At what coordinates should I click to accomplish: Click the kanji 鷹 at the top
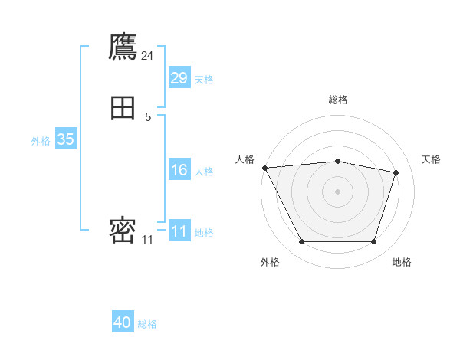(x=123, y=47)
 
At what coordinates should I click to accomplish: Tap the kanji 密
(x=123, y=230)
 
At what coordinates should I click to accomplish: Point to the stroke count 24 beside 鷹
(x=147, y=56)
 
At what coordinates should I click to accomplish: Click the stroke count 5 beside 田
(x=147, y=116)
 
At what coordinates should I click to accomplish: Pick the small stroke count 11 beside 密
(x=147, y=240)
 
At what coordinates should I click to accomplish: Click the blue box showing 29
(x=179, y=78)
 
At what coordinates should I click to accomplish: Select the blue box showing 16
(x=179, y=170)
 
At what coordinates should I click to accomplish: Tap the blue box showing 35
(x=65, y=139)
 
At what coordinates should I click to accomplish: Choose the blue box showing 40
(x=123, y=322)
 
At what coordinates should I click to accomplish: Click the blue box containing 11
(x=179, y=231)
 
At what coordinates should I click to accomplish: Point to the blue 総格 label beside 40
(x=147, y=324)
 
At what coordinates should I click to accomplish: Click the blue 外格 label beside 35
(x=41, y=141)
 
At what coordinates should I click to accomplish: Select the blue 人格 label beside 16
(x=204, y=172)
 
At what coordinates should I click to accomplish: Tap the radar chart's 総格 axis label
(x=337, y=100)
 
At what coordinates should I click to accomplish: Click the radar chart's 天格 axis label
(x=431, y=159)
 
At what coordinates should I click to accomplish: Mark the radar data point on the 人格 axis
(x=264, y=168)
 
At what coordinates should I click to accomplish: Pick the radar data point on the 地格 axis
(x=373, y=242)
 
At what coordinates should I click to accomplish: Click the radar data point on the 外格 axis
(x=301, y=242)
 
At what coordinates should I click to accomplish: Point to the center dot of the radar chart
(x=337, y=191)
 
